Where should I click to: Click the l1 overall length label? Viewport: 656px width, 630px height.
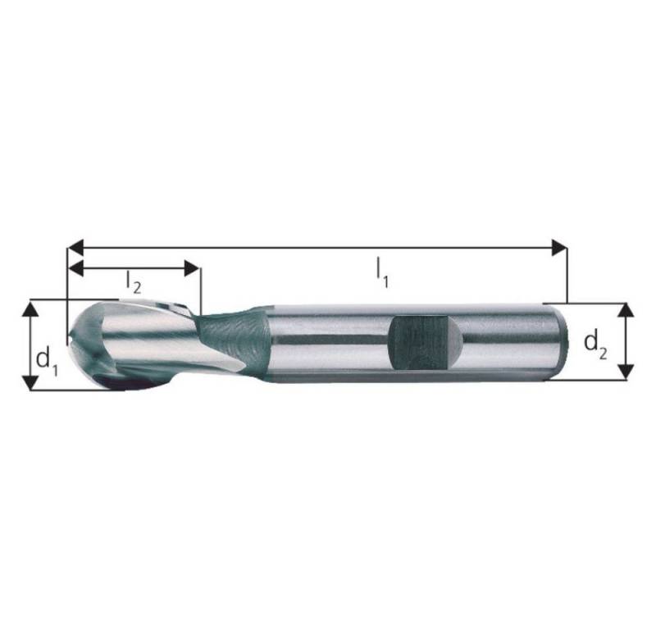382,272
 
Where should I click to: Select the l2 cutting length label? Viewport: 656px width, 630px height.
134,281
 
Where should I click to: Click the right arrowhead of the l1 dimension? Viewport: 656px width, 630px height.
560,247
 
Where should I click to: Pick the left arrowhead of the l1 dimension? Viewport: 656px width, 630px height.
74,247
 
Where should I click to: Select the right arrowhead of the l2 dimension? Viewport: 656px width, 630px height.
193,268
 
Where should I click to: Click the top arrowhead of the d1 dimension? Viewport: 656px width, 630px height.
30,307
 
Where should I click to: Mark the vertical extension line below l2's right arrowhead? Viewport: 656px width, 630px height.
200,291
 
